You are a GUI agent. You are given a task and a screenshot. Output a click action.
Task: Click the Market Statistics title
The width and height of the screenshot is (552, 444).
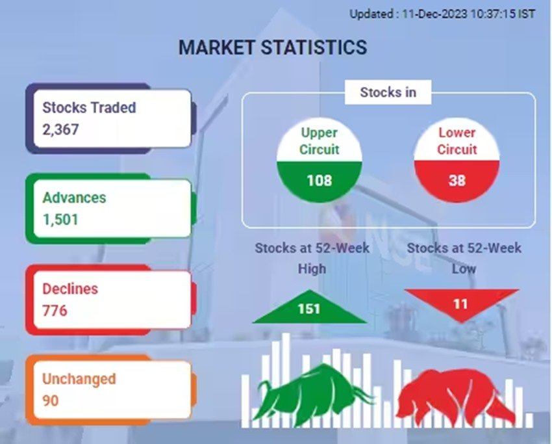pos(273,47)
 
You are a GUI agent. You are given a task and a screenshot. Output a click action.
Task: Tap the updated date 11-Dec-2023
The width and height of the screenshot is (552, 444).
pos(434,14)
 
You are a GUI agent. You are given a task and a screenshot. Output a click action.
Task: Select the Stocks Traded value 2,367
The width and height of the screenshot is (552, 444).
pos(60,129)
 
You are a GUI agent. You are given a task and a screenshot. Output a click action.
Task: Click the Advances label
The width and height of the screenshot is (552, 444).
pos(74,198)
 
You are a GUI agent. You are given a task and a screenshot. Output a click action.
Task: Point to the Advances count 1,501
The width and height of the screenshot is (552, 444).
pos(60,220)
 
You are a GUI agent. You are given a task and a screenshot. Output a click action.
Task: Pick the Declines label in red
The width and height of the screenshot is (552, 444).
pos(70,289)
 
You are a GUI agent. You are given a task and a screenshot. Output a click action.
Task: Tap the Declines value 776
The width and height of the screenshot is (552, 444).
pos(55,311)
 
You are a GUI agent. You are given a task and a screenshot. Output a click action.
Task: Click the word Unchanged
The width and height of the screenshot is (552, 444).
pos(79,379)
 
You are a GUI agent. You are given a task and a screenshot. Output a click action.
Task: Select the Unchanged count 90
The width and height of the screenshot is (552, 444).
pos(51,400)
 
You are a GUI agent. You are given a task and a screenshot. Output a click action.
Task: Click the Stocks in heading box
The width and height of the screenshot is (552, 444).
pos(388,92)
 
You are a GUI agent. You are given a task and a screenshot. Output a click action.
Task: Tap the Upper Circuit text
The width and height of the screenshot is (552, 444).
pos(320,141)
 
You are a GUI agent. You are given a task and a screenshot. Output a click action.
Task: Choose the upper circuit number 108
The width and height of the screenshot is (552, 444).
pos(320,181)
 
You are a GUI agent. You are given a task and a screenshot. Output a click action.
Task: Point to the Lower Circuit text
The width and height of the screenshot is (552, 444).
pos(457,141)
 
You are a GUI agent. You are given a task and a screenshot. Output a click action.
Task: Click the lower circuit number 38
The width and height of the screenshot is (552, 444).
pos(457,181)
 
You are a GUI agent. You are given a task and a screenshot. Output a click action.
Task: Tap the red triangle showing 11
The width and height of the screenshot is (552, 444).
pos(461,302)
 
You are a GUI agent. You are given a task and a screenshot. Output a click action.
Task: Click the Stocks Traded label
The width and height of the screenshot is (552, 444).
pos(89,107)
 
